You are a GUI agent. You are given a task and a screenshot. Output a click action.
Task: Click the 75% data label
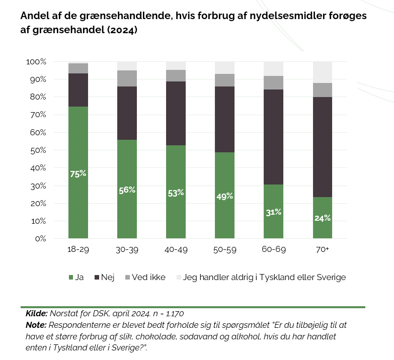tap(78, 174)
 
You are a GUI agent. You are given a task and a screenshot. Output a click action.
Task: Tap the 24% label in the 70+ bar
tap(323, 218)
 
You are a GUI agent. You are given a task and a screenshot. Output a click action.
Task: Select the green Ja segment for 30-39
tap(127, 211)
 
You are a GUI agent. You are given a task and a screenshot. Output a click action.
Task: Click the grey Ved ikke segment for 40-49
tap(176, 75)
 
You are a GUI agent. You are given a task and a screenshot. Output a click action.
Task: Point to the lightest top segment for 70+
tap(323, 72)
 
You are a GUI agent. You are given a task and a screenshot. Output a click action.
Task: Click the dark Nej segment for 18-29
tap(78, 90)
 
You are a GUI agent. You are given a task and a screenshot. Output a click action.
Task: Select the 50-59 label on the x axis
tap(225, 250)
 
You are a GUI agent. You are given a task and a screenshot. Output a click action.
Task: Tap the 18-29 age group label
tap(78, 250)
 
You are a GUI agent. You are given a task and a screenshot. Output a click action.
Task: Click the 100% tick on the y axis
tap(37, 62)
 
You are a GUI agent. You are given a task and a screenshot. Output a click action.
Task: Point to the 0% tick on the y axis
tap(41, 239)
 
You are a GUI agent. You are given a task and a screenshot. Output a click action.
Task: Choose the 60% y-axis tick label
tap(38, 133)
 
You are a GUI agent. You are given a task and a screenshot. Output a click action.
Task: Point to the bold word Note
tap(35, 325)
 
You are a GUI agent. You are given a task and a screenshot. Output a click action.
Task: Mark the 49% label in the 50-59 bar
tap(225, 196)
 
